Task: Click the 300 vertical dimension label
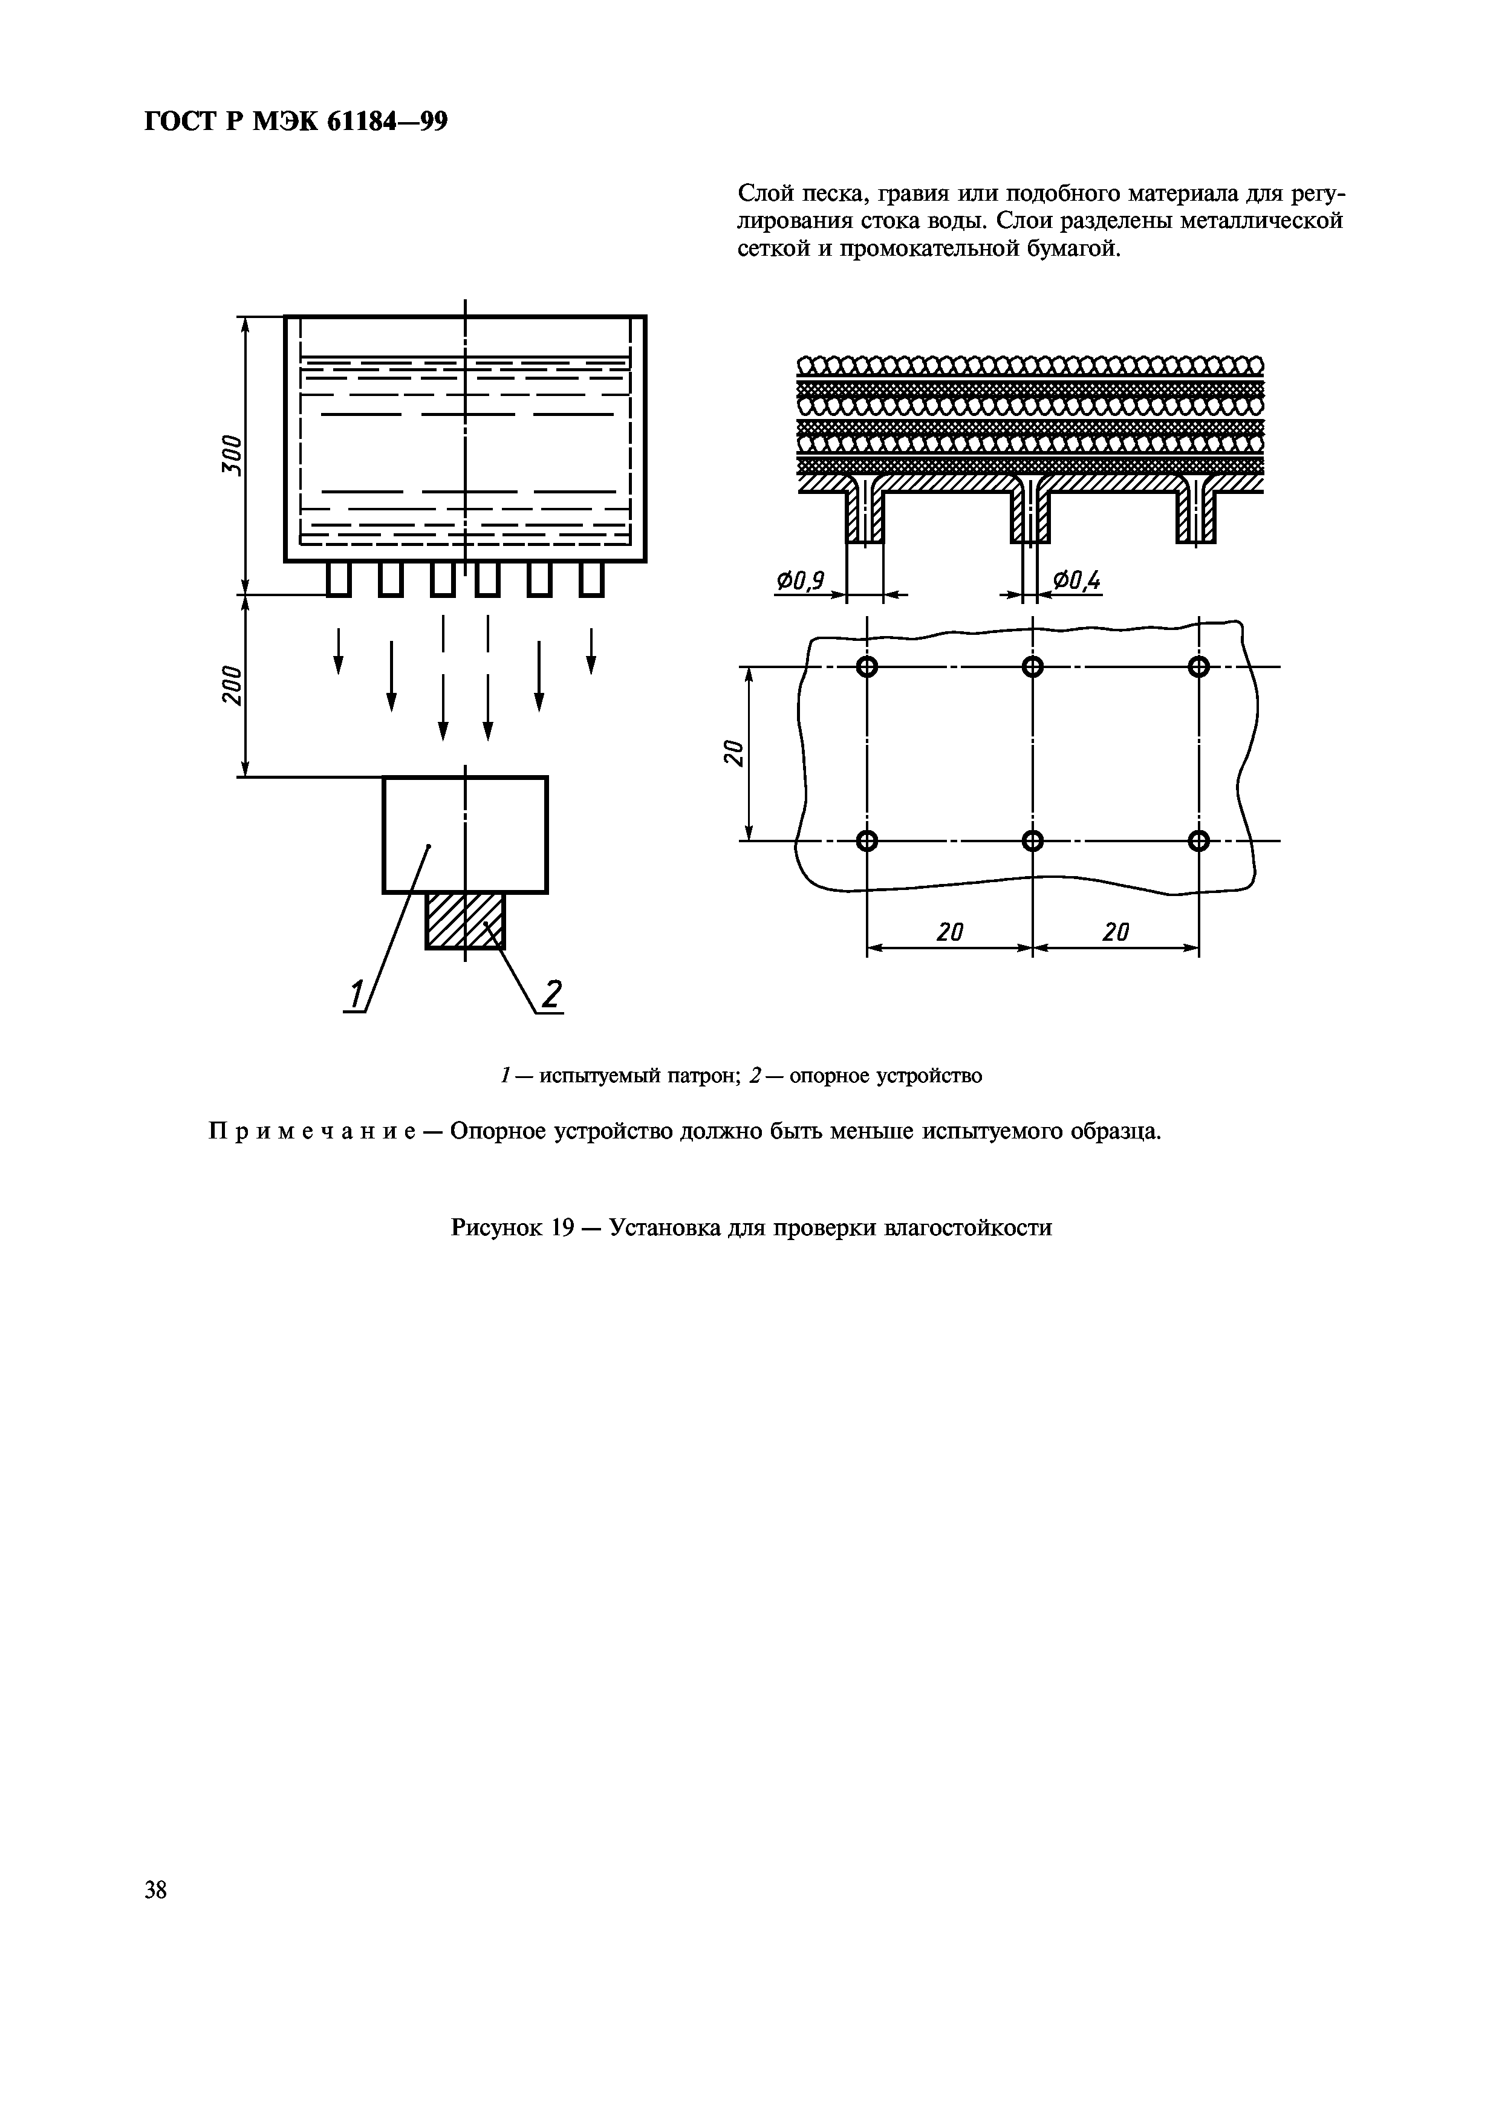(232, 455)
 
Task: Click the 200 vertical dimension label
(232, 684)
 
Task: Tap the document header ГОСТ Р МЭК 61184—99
(296, 122)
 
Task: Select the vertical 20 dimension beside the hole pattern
(732, 752)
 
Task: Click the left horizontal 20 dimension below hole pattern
(949, 932)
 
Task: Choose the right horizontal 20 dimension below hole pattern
(1116, 932)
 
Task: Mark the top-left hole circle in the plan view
(867, 666)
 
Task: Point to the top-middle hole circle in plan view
(1033, 666)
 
